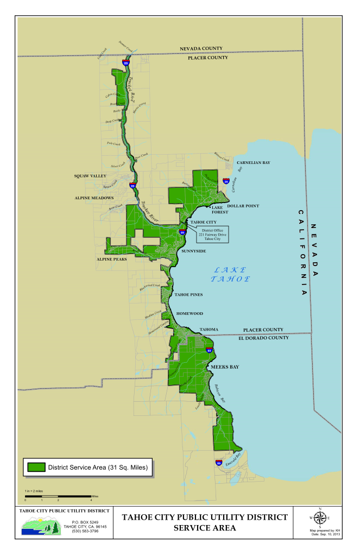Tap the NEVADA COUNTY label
click(201, 49)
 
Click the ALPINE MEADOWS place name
click(94, 198)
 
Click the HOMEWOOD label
click(190, 313)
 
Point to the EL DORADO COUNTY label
click(264, 338)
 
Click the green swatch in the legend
click(36, 467)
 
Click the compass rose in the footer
click(320, 517)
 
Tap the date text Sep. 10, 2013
click(325, 534)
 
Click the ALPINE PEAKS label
click(112, 260)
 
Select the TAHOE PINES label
click(188, 294)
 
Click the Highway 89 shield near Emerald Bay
click(219, 463)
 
